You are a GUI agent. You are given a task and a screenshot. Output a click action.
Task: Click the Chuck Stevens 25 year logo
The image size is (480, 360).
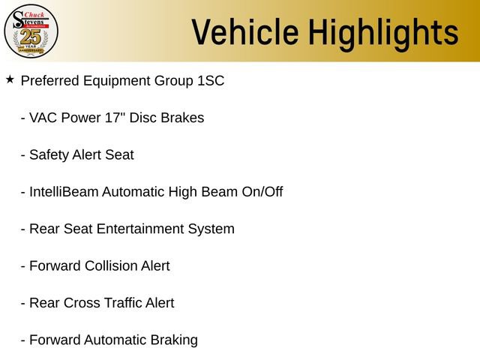[31, 31]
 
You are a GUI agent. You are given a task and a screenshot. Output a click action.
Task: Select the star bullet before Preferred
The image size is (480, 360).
[10, 79]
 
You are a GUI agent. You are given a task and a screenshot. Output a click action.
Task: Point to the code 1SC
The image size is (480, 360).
[210, 80]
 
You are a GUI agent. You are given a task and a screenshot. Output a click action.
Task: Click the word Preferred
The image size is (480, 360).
[49, 80]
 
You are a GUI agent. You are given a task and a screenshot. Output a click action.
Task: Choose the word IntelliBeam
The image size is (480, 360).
[63, 192]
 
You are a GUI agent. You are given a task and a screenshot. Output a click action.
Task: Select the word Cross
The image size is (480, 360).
[81, 303]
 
